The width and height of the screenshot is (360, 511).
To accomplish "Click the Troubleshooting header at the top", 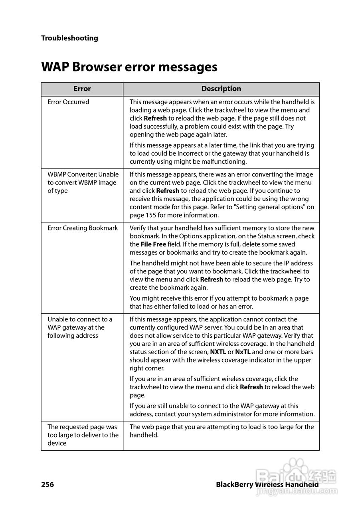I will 69,38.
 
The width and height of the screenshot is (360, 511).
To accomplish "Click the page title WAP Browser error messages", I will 129,67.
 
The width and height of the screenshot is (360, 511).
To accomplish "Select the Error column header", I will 82,89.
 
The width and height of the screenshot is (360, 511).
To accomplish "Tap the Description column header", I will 221,89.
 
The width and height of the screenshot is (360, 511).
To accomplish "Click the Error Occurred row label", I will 68,102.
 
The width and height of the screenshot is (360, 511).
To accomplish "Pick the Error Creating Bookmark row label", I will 83,228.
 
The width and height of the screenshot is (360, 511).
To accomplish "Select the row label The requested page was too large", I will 83,435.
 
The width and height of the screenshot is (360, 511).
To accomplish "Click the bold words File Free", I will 153,244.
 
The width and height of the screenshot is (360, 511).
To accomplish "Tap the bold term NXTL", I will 218,352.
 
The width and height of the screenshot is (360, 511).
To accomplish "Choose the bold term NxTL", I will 243,352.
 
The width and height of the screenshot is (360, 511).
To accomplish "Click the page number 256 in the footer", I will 47,485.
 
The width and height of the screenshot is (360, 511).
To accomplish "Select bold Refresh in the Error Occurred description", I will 155,119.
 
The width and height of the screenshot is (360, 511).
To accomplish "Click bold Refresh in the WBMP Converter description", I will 168,191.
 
